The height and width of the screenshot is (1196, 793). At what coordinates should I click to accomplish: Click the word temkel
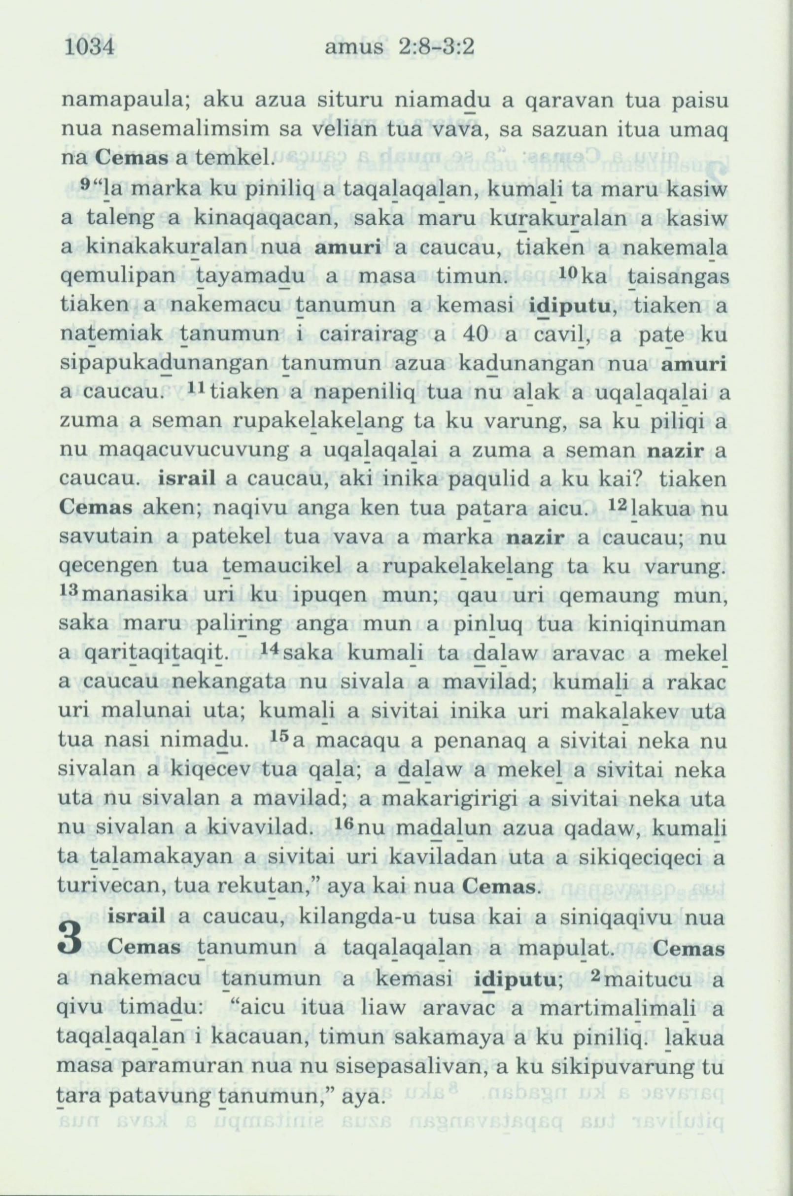click(243, 160)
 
